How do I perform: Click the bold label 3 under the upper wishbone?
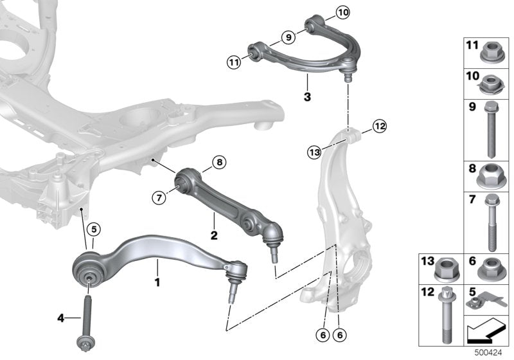click(307, 97)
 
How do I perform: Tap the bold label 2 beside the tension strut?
click(213, 235)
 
